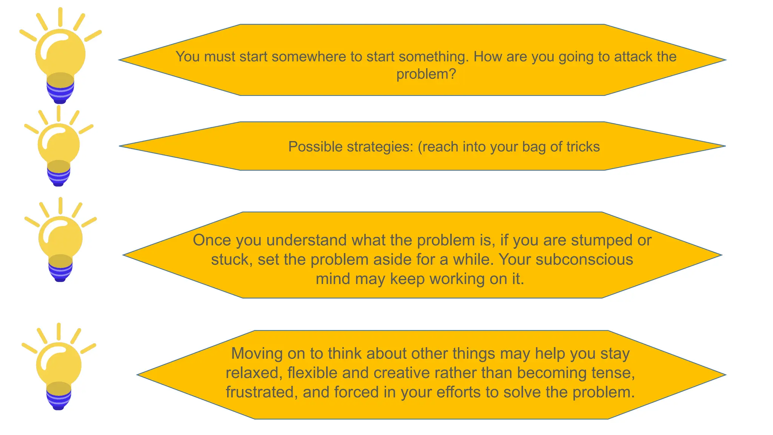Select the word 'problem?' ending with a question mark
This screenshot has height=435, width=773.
click(426, 74)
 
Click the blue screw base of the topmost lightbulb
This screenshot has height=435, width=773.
click(60, 93)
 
